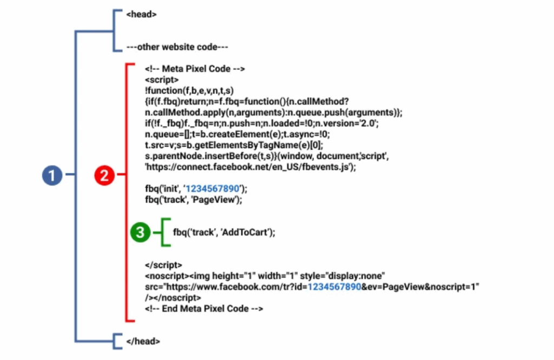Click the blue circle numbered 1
pyautogui.click(x=52, y=175)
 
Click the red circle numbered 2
pyautogui.click(x=104, y=175)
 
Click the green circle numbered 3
pyautogui.click(x=140, y=232)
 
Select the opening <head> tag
pyautogui.click(x=141, y=15)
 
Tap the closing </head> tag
pyautogui.click(x=143, y=341)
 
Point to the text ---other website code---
pyautogui.click(x=177, y=47)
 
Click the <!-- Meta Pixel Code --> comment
pyautogui.click(x=195, y=69)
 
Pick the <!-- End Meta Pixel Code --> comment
pyautogui.click(x=204, y=309)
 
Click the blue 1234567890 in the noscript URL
pyautogui.click(x=334, y=286)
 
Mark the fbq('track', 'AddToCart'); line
pyautogui.click(x=224, y=232)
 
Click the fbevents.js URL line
pyautogui.click(x=250, y=167)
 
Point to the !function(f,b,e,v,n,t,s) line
pyautogui.click(x=189, y=90)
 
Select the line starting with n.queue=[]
pyautogui.click(x=237, y=134)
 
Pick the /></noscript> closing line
pyautogui.click(x=173, y=298)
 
